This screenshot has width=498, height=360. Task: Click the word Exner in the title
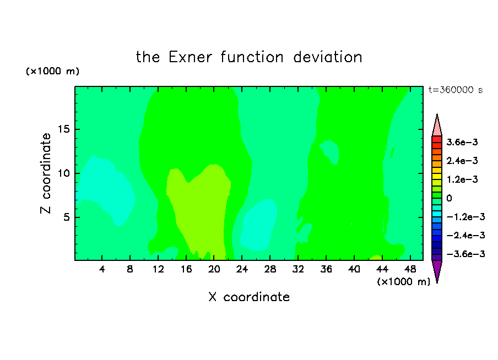click(x=190, y=57)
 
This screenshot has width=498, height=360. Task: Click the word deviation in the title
click(x=328, y=57)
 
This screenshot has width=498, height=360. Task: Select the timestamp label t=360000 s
click(x=456, y=90)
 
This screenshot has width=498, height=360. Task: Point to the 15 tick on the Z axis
click(x=63, y=129)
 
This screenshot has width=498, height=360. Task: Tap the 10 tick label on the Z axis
click(x=63, y=173)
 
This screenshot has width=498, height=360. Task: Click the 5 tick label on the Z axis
click(x=66, y=217)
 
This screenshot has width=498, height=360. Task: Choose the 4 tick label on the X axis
click(x=102, y=270)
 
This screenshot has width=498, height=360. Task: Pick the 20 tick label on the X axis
click(x=214, y=270)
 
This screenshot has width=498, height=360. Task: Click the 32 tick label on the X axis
click(x=298, y=270)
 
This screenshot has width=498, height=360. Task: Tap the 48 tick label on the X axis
click(x=410, y=270)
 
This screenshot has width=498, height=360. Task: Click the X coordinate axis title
click(x=249, y=297)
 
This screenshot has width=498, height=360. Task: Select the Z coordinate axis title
click(x=45, y=173)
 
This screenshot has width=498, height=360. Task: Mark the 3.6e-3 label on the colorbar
click(x=462, y=142)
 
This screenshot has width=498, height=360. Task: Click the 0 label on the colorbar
click(x=449, y=198)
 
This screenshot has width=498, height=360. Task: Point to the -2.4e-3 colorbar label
click(x=465, y=236)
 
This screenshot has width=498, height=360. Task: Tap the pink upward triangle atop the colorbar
click(x=437, y=127)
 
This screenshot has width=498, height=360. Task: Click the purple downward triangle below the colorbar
click(x=437, y=270)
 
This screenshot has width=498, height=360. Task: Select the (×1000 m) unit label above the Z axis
click(x=53, y=71)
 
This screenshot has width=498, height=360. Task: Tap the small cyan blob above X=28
click(x=258, y=224)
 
